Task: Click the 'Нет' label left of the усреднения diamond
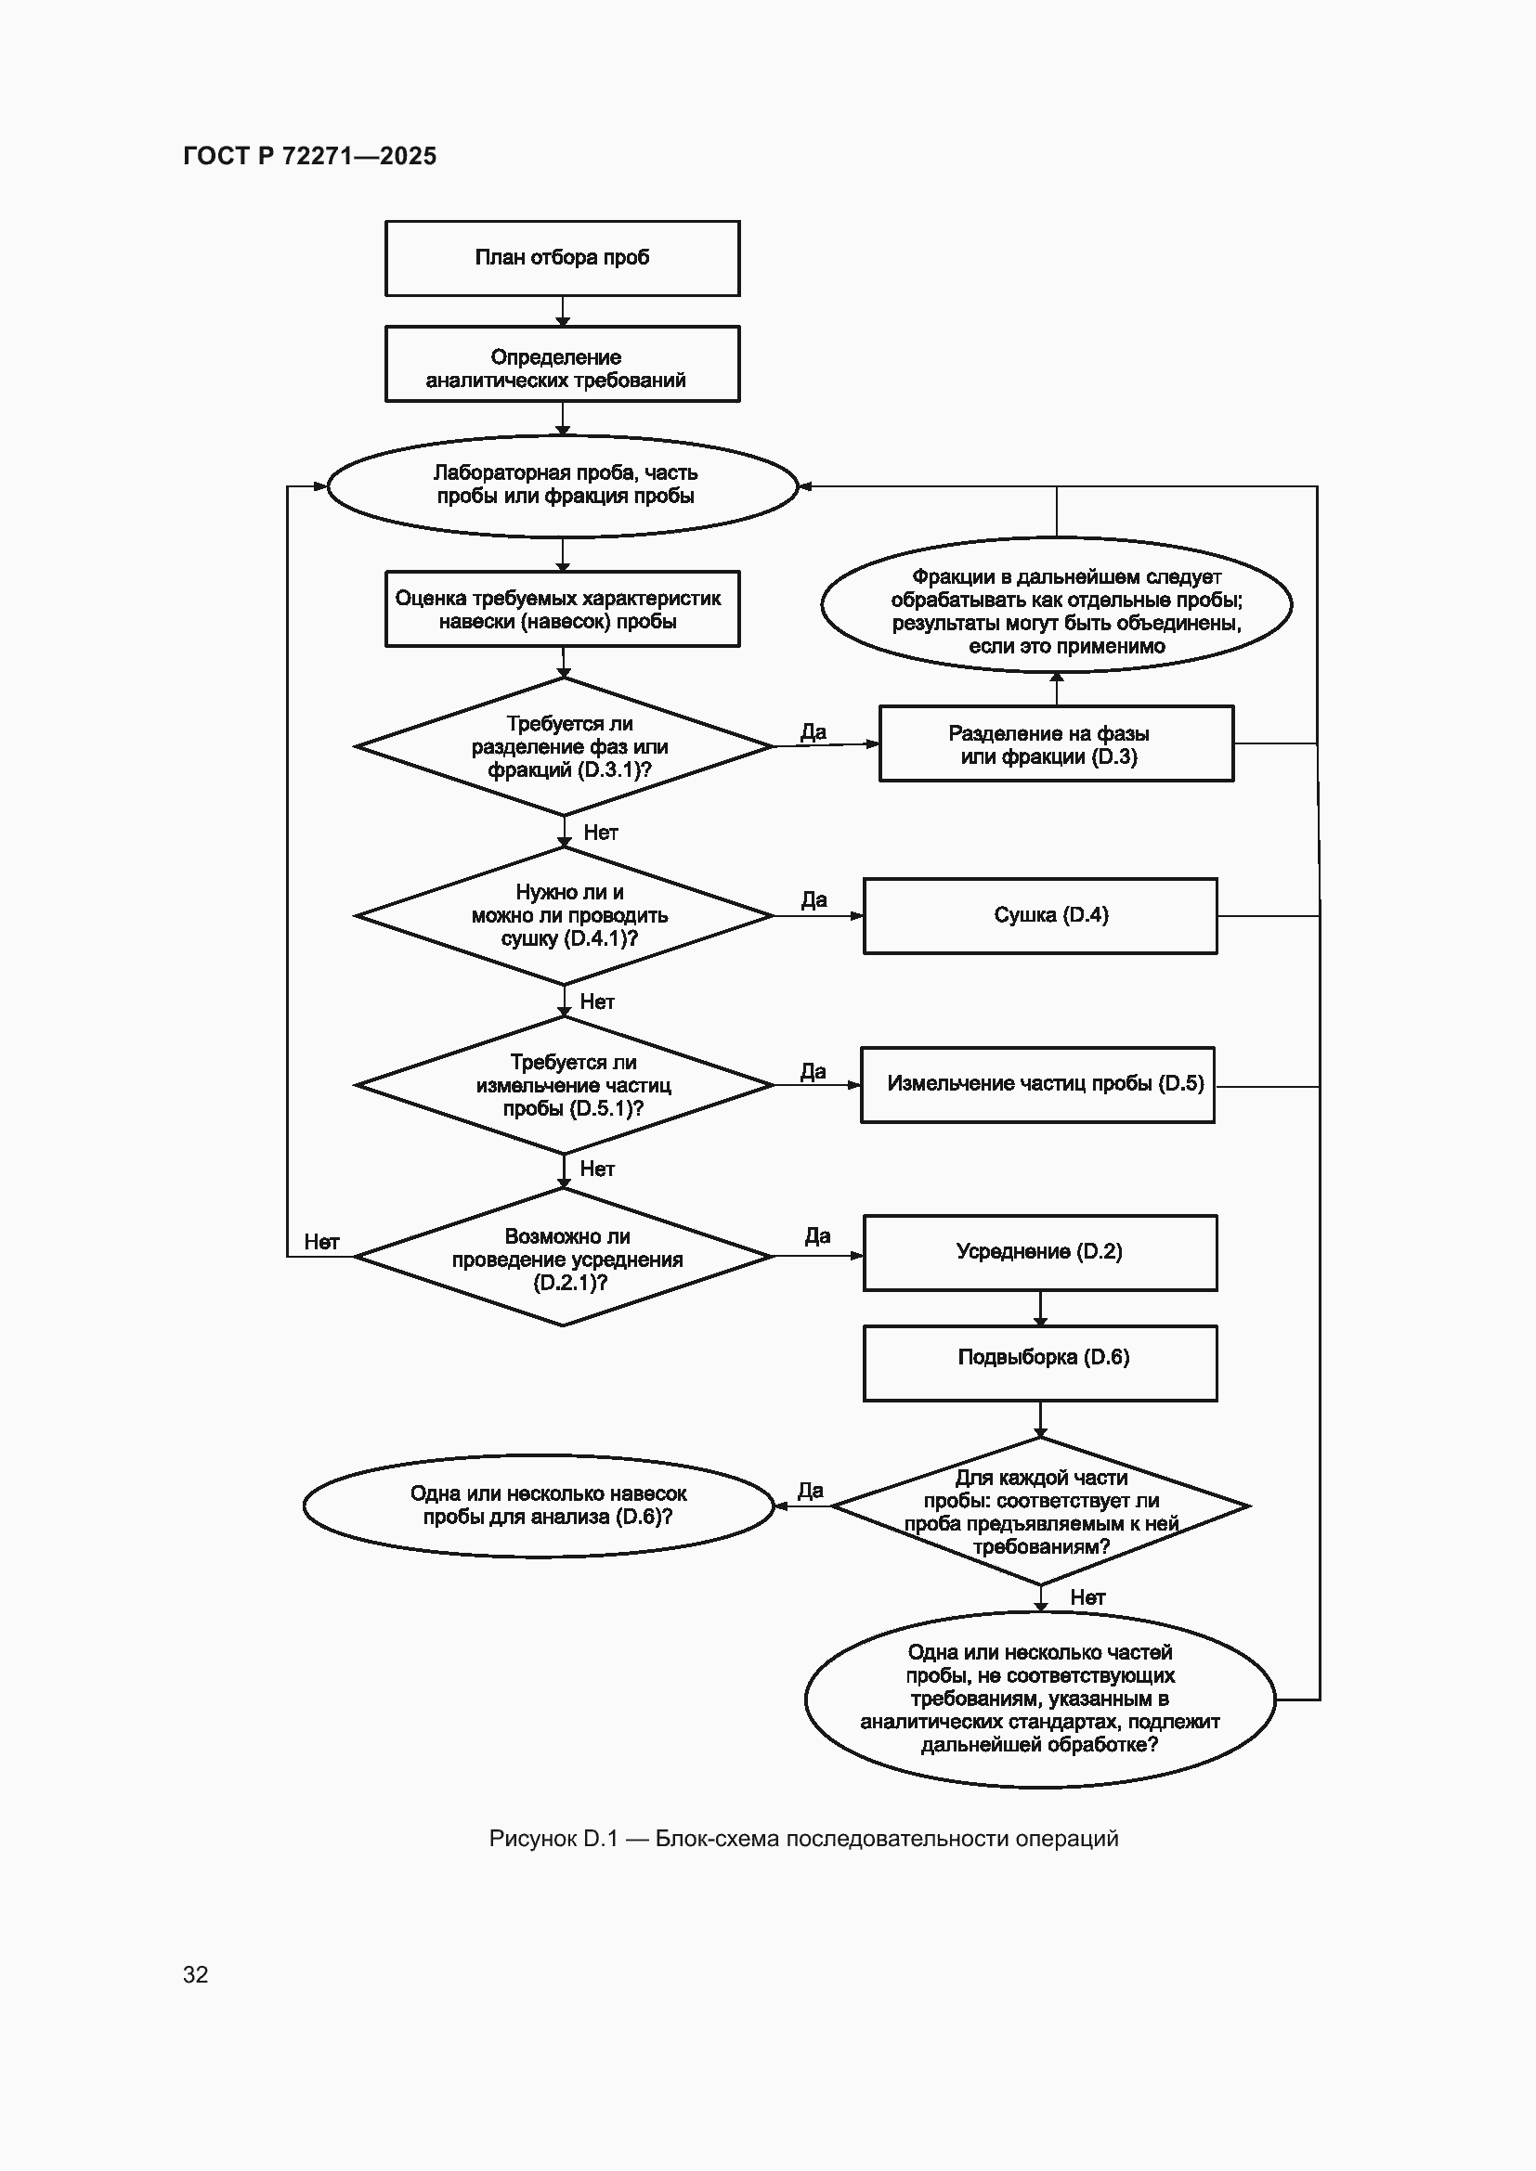coord(321,1242)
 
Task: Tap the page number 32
coord(196,1974)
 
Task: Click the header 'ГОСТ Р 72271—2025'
coord(310,156)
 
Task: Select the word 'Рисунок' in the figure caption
coord(532,1838)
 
